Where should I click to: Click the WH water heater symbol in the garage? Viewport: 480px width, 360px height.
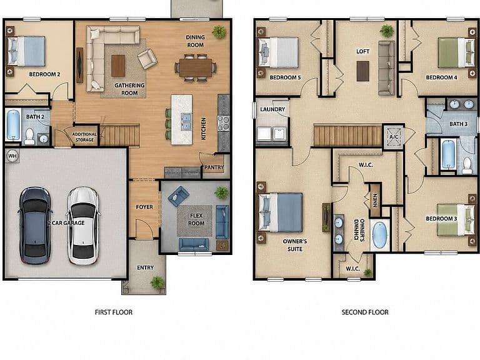(12, 156)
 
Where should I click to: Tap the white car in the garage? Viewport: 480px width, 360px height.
(83, 226)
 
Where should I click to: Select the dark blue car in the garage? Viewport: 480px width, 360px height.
(35, 226)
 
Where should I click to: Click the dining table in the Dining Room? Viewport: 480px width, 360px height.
(196, 67)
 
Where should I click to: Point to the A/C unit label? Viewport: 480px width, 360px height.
(394, 137)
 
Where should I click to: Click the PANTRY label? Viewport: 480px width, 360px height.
(214, 167)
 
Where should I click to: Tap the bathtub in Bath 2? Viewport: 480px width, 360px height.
(14, 124)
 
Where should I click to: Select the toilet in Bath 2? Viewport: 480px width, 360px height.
(30, 136)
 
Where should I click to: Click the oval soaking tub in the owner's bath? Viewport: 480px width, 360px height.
(380, 235)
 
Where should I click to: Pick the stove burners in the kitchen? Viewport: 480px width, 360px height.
(224, 123)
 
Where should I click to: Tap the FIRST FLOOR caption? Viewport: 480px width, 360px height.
(114, 312)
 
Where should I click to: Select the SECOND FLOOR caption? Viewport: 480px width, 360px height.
(365, 312)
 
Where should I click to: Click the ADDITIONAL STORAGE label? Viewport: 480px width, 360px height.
(84, 137)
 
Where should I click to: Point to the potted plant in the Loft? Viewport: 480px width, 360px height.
(387, 31)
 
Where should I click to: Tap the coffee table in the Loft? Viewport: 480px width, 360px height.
(362, 71)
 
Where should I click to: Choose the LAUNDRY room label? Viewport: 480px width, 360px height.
(272, 109)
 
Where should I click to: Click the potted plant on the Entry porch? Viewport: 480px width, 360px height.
(157, 282)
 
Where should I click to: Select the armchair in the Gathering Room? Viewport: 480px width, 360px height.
(147, 59)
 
